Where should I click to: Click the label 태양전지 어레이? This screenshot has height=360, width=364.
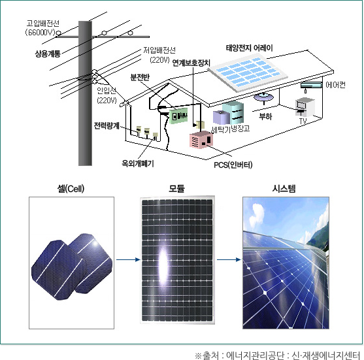tap(249, 48)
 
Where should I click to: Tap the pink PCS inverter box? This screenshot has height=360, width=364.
tap(201, 140)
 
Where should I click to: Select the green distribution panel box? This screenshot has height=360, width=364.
tap(178, 116)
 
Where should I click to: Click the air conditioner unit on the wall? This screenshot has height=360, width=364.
tap(311, 85)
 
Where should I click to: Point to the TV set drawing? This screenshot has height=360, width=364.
tap(305, 106)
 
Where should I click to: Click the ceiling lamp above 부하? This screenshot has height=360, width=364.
tap(263, 97)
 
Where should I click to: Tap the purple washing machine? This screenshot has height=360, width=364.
tap(222, 117)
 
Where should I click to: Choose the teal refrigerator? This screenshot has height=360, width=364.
tap(233, 112)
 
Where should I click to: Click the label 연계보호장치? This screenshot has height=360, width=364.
tap(191, 63)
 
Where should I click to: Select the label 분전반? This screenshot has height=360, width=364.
tap(140, 77)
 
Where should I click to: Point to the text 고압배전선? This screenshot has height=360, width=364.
tap(43, 24)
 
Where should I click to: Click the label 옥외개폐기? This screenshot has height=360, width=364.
tap(138, 163)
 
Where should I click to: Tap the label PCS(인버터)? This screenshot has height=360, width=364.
tap(233, 165)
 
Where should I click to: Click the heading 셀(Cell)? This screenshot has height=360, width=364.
tap(71, 188)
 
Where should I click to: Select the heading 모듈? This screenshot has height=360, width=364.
tap(176, 188)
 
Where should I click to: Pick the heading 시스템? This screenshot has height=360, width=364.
tap(284, 188)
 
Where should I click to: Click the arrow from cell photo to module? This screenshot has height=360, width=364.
tap(128, 259)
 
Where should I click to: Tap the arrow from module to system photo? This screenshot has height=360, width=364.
tap(229, 259)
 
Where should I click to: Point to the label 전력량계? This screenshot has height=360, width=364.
tap(107, 125)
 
